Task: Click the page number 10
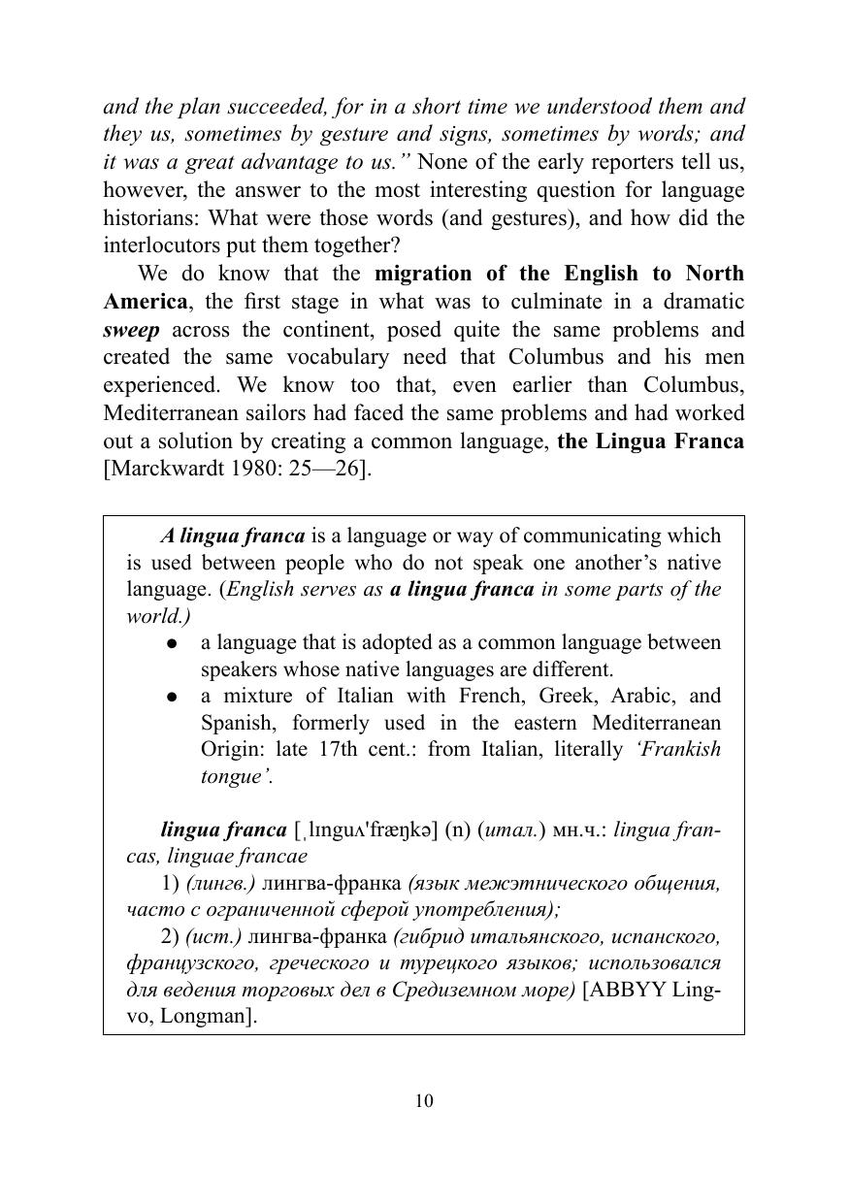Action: click(x=424, y=1100)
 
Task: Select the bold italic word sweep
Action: click(x=131, y=329)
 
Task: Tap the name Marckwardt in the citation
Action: click(x=164, y=470)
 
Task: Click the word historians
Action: click(x=145, y=216)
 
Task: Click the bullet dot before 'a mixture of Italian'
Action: click(x=172, y=697)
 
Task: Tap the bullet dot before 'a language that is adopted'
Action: click(x=172, y=643)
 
